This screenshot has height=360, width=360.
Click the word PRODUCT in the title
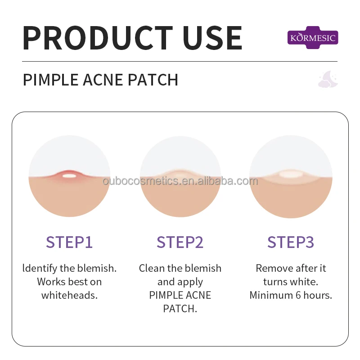[97, 38]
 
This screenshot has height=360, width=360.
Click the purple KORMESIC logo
[312, 38]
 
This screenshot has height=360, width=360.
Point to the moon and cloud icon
[328, 79]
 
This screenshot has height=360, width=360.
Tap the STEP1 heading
[69, 242]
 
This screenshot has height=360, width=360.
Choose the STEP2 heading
[180, 242]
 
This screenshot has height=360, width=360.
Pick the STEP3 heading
[291, 242]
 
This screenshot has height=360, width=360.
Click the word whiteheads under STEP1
[69, 296]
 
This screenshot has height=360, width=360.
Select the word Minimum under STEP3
[271, 296]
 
